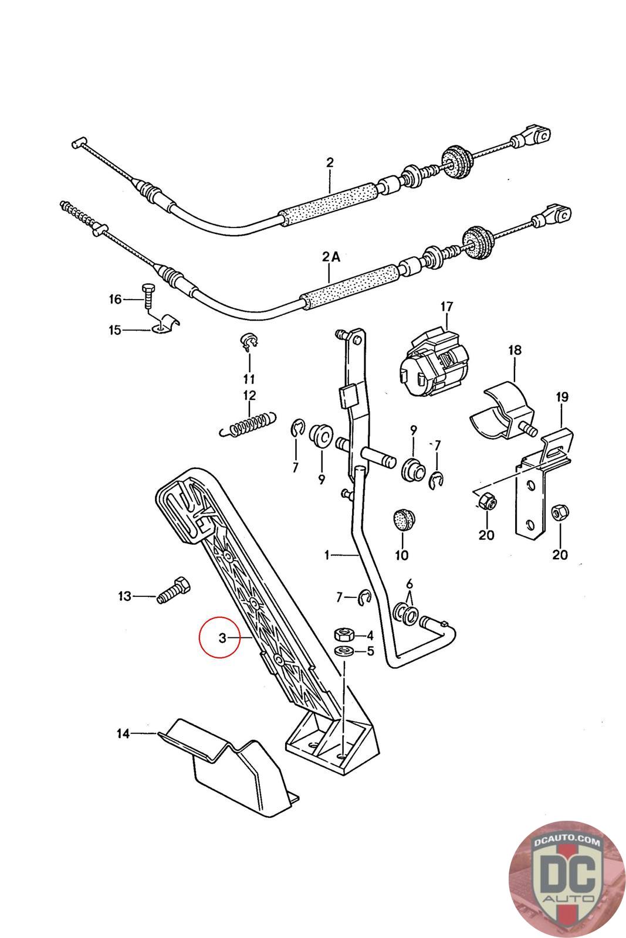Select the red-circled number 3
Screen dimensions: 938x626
pyautogui.click(x=222, y=638)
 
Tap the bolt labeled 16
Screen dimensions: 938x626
pyautogui.click(x=147, y=298)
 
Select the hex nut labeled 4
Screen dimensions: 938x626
pyautogui.click(x=343, y=634)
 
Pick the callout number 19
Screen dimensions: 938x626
pyautogui.click(x=561, y=398)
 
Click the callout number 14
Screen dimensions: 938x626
pyautogui.click(x=123, y=733)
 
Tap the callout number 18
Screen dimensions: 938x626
pyautogui.click(x=515, y=351)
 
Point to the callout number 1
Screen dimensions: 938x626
pyautogui.click(x=327, y=554)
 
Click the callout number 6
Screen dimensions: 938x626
pyautogui.click(x=410, y=584)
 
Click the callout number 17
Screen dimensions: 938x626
pyautogui.click(x=447, y=307)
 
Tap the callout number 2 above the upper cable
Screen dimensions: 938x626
pyautogui.click(x=330, y=162)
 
